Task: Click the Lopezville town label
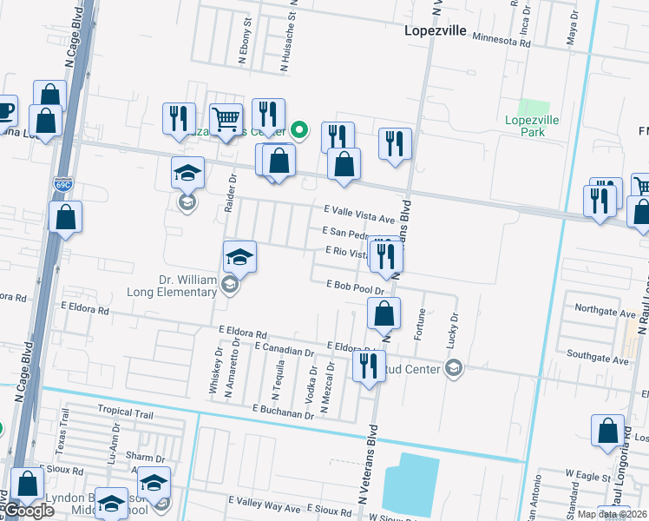pyautogui.click(x=436, y=31)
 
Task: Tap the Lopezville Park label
pyautogui.click(x=532, y=126)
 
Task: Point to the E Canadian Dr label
pyautogui.click(x=285, y=352)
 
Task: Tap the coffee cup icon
pyautogui.click(x=5, y=110)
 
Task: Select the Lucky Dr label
pyautogui.click(x=453, y=333)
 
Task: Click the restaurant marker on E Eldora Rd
pyautogui.click(x=369, y=365)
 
